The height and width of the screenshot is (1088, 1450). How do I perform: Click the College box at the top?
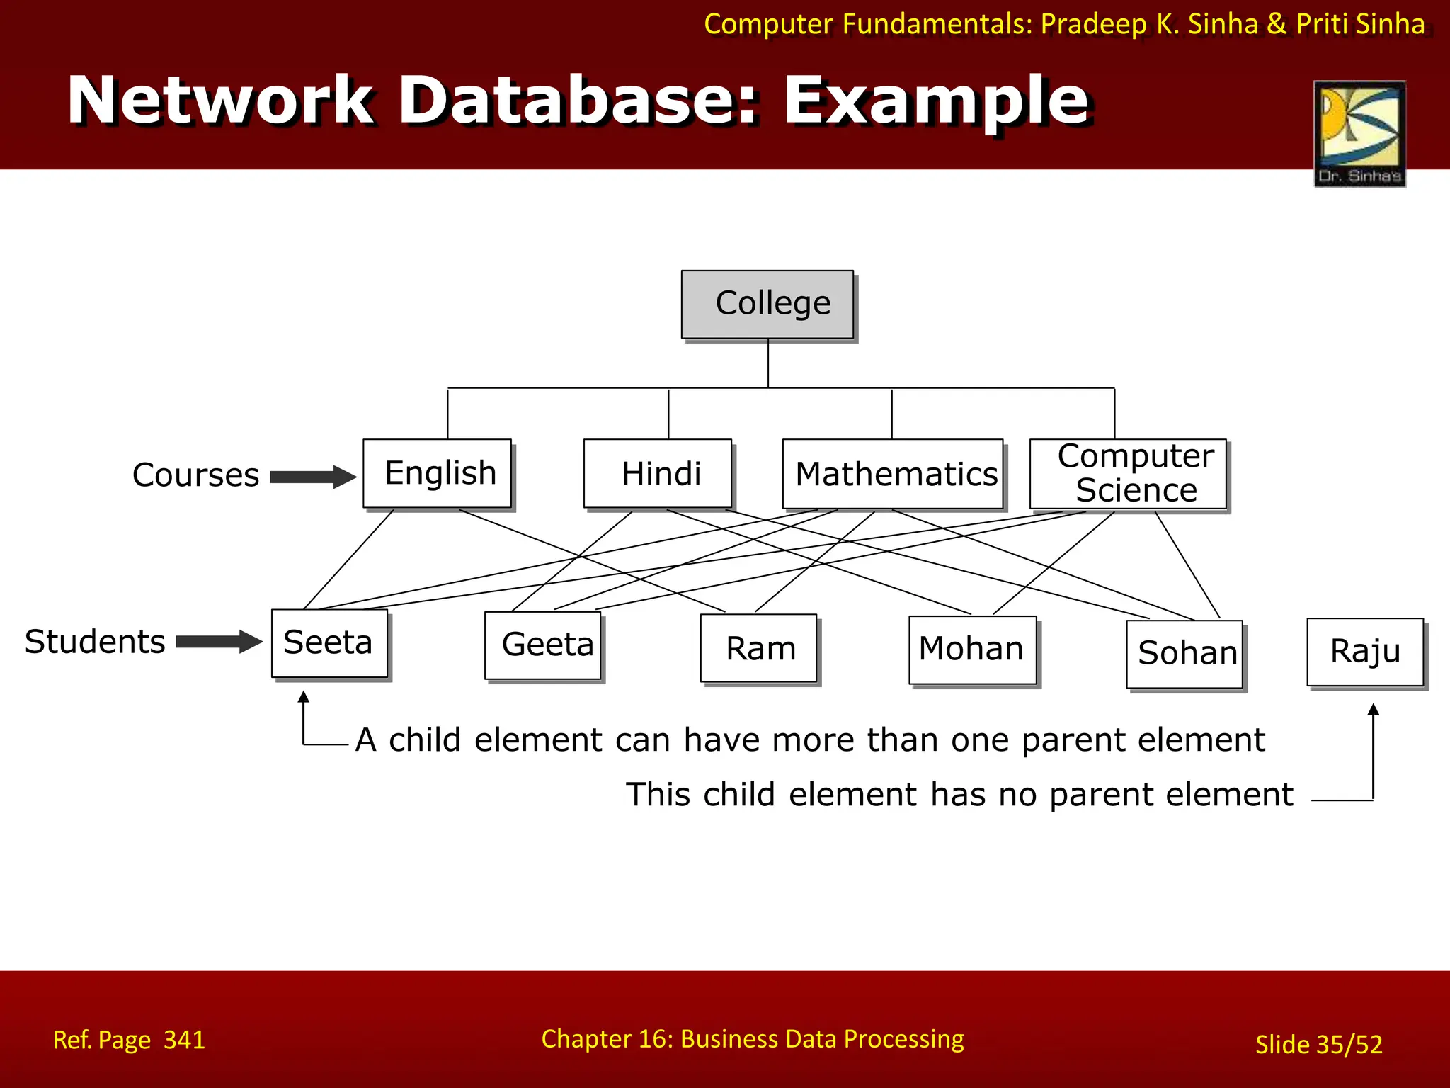(x=767, y=304)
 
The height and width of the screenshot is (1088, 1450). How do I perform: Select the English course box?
(x=437, y=473)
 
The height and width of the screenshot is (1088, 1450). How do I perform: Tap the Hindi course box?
(x=658, y=473)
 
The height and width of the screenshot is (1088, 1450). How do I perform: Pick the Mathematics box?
(x=893, y=474)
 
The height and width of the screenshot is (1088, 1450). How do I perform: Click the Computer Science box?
(x=1128, y=473)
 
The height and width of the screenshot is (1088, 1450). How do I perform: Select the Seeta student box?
(x=330, y=643)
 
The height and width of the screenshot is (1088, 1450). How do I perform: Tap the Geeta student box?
(x=543, y=645)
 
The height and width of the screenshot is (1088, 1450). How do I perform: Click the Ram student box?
(x=758, y=648)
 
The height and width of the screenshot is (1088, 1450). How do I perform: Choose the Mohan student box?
(x=973, y=650)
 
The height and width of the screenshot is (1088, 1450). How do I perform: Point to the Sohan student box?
(x=1184, y=654)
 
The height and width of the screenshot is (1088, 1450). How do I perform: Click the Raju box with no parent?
(x=1365, y=652)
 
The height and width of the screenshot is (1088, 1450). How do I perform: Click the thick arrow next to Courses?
(x=313, y=477)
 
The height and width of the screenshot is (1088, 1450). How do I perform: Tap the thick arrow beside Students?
(x=219, y=642)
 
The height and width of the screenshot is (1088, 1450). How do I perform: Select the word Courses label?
(x=195, y=475)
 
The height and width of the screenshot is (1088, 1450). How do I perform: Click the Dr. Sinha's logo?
(x=1359, y=133)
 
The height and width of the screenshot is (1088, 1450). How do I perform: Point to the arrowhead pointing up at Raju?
(x=1373, y=710)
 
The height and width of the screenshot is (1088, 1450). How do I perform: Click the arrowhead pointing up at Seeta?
(x=304, y=698)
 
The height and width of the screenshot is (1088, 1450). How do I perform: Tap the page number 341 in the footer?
(x=184, y=1040)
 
